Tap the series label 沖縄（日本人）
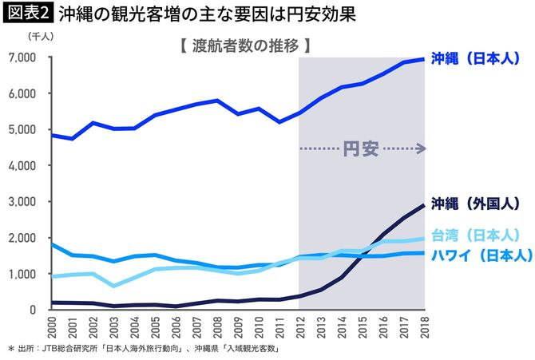click(x=476, y=58)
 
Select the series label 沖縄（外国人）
click(x=476, y=202)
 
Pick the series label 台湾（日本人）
click(x=476, y=235)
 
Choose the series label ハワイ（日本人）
click(x=476, y=255)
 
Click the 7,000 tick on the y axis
click(x=22, y=58)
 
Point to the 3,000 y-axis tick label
click(x=22, y=202)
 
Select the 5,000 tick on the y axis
click(x=22, y=130)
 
